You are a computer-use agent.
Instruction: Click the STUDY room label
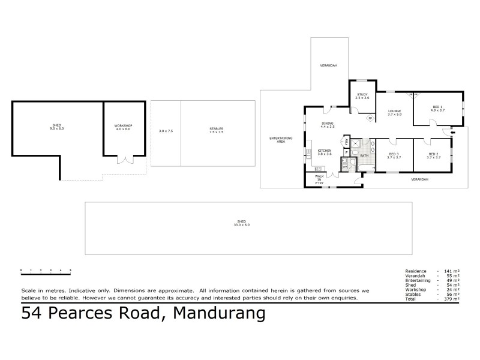pyautogui.click(x=362, y=96)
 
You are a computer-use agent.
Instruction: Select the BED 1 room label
pyautogui.click(x=438, y=109)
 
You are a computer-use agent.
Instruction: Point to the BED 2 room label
pyautogui.click(x=433, y=155)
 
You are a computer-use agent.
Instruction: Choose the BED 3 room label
pyautogui.click(x=394, y=155)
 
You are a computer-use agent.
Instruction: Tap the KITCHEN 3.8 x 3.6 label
pyautogui.click(x=325, y=152)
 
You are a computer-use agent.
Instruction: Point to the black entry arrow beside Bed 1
pyautogui.click(x=452, y=131)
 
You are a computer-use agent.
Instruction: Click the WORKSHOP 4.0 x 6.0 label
pyautogui.click(x=123, y=127)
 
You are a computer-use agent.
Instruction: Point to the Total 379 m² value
pyautogui.click(x=453, y=298)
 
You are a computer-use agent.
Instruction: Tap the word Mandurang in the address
pyautogui.click(x=219, y=313)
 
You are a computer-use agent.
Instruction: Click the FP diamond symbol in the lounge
pyautogui.click(x=370, y=118)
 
